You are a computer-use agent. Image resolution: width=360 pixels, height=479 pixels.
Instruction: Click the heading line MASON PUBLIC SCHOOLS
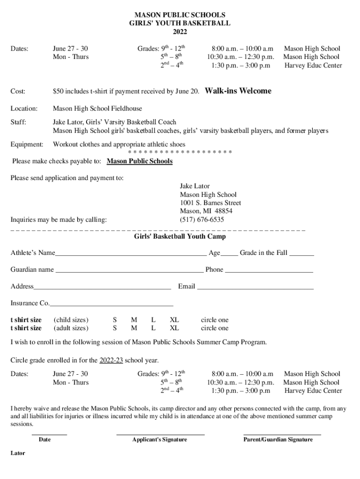coord(180,15)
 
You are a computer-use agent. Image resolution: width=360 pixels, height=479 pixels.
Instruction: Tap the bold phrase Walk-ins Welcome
coord(238,91)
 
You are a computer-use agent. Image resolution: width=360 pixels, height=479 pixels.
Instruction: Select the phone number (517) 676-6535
coord(202,219)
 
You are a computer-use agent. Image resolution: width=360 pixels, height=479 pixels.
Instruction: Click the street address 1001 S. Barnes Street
coord(210,203)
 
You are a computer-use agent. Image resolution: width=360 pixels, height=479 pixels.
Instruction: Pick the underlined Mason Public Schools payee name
coord(140,161)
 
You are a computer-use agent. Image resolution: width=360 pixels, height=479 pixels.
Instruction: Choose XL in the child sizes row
coord(174,320)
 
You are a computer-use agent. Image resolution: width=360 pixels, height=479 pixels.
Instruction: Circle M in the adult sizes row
coord(134,328)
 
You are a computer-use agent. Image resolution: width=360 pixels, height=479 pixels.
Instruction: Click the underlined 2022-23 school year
coord(111,361)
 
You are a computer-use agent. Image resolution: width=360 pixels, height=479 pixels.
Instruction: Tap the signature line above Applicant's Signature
coord(160,435)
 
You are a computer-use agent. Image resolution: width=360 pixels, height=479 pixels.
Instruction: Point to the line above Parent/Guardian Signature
coord(282,435)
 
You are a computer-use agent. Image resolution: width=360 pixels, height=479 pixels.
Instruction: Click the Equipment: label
coord(27,144)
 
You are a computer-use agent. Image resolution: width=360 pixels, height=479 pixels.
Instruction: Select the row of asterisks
coord(180,152)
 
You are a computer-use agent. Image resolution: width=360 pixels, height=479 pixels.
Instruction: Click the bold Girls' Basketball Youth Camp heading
coord(180,237)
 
